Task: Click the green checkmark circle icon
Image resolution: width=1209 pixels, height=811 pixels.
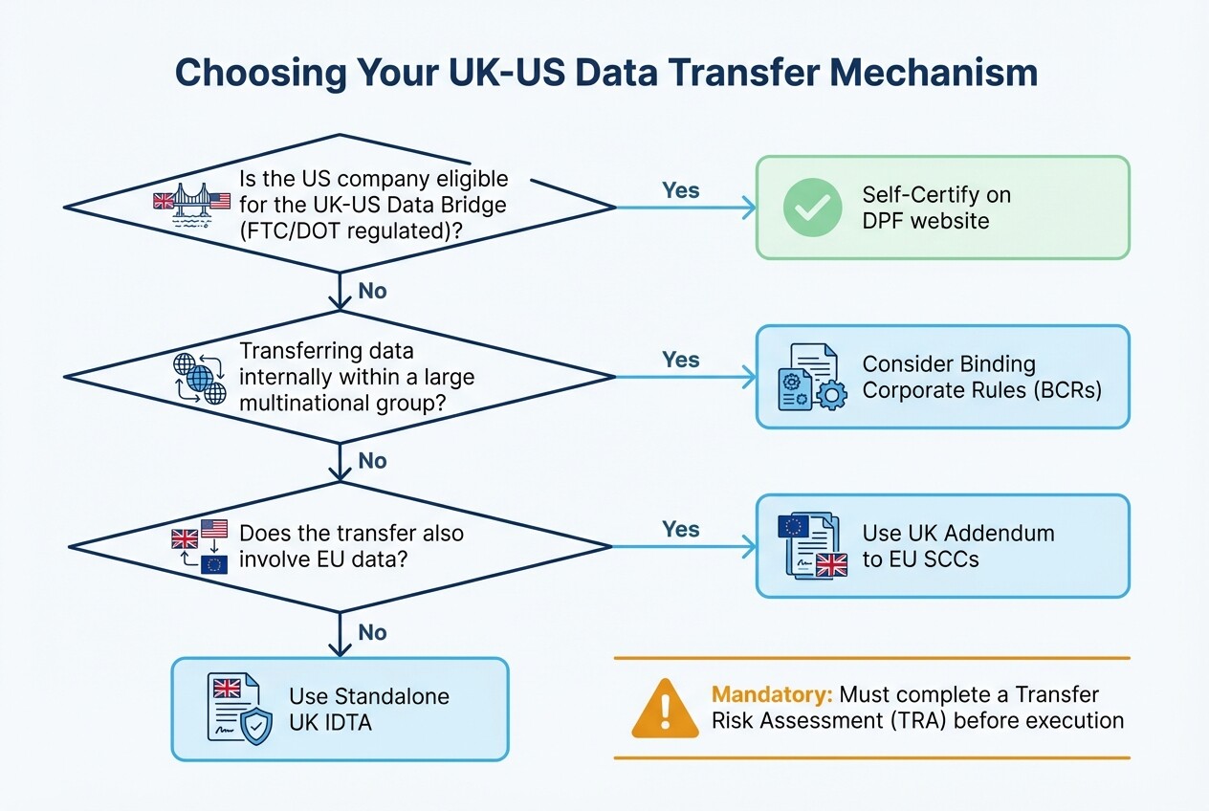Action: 813,208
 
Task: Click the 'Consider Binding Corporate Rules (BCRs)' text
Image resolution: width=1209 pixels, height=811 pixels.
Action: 982,377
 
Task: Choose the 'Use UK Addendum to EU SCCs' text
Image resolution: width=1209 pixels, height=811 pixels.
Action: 957,546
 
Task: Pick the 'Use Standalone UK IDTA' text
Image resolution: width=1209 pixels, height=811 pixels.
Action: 368,709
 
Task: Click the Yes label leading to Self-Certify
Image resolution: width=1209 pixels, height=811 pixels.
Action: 681,190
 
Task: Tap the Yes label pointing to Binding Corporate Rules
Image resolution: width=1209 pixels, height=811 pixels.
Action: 681,360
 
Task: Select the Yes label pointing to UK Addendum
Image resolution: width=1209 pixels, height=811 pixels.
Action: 681,529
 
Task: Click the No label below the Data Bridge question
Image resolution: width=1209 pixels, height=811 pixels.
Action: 372,291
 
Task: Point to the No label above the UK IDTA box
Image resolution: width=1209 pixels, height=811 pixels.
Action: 372,632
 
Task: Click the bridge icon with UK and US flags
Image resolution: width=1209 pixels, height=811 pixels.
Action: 192,203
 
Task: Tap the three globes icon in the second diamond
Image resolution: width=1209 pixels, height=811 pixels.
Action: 200,377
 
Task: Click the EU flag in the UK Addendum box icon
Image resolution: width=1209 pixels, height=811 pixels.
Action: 793,526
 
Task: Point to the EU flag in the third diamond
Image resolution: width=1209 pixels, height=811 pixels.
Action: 214,563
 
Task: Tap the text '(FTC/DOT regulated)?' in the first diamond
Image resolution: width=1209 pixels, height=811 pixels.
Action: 353,230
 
